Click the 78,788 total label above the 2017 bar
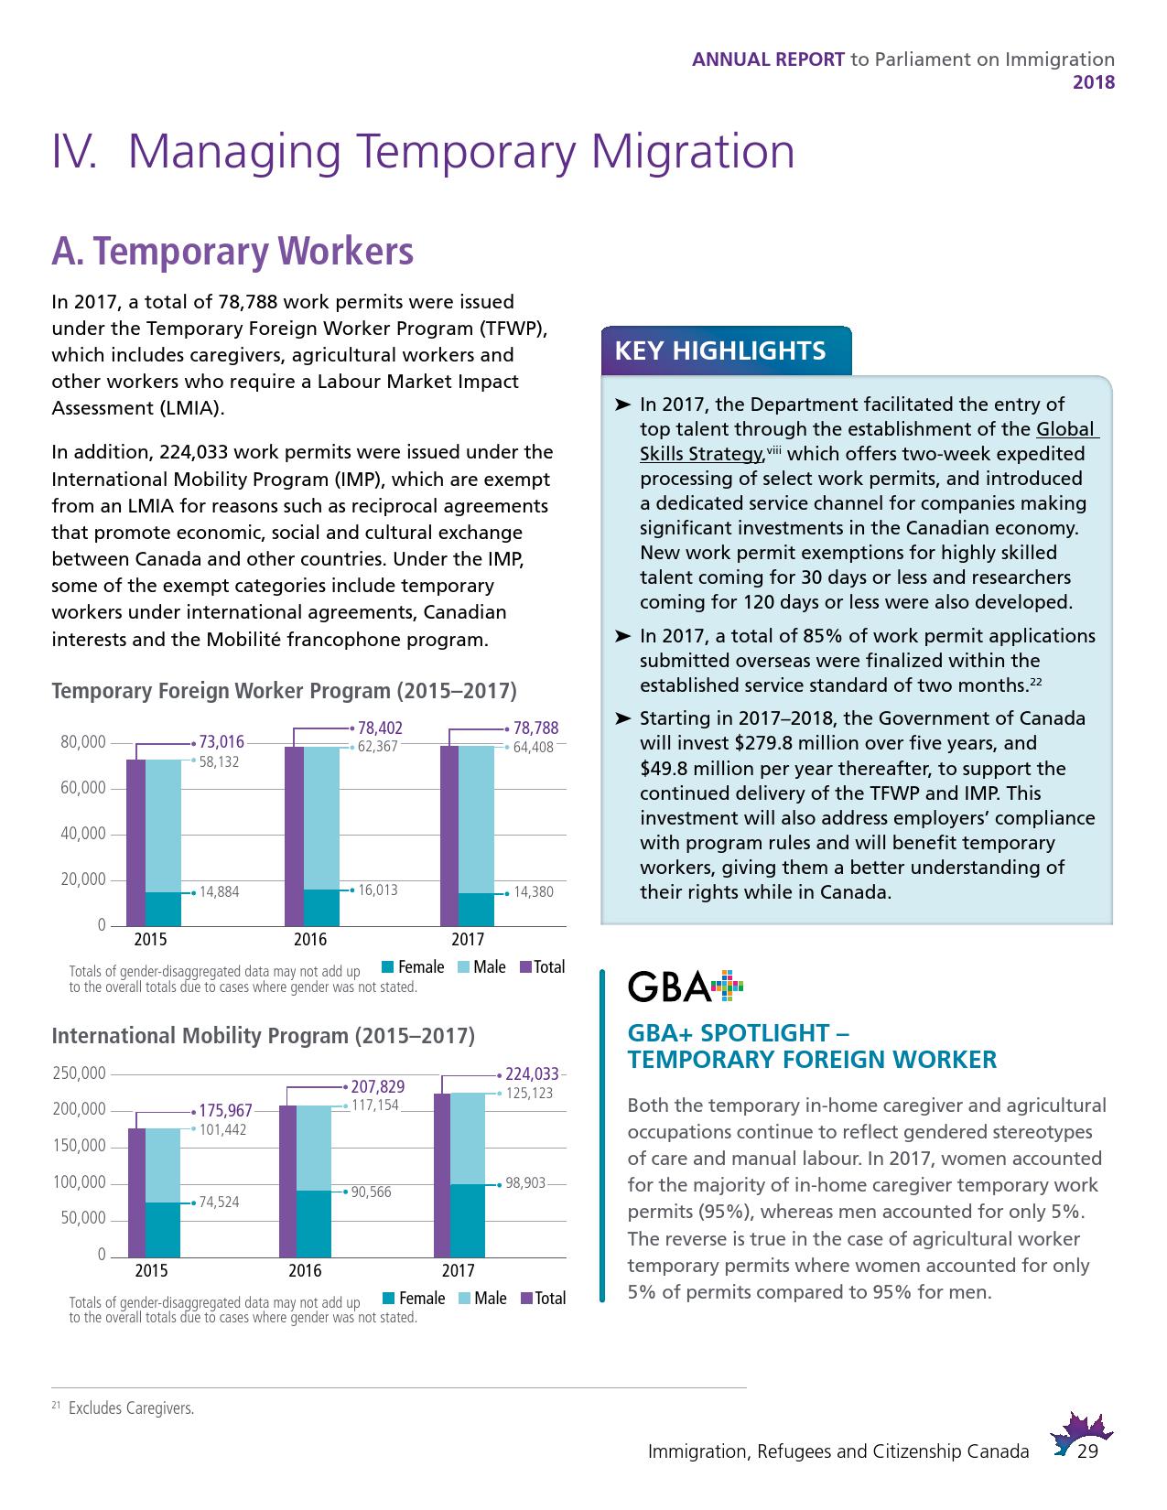(x=535, y=728)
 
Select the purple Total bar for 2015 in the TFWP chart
(x=135, y=842)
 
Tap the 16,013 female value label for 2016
(x=377, y=890)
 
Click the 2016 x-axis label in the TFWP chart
(x=310, y=940)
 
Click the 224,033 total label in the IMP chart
(x=532, y=1074)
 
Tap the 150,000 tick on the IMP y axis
(x=80, y=1147)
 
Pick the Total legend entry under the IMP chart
(x=543, y=1299)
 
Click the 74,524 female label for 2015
(x=219, y=1202)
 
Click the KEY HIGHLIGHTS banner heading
(x=720, y=351)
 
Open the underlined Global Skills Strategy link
(x=701, y=454)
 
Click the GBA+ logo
(x=686, y=987)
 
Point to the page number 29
(x=1088, y=1452)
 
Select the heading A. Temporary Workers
(x=232, y=252)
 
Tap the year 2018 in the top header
(x=1094, y=81)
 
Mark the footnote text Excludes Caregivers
(x=131, y=1408)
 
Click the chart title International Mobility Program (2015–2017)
(x=264, y=1036)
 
